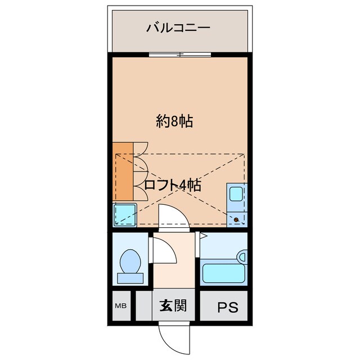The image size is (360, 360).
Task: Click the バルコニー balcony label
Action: coord(179,27)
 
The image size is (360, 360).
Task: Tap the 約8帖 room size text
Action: coord(174,121)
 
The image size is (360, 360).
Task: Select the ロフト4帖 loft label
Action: coord(173,185)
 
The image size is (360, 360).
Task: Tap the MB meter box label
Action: coord(120,307)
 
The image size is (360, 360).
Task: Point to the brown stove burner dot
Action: coord(237,218)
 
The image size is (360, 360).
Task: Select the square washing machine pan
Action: coord(124,214)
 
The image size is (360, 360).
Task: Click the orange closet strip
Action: coord(123,172)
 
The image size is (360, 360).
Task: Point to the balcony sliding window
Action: coord(180,55)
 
